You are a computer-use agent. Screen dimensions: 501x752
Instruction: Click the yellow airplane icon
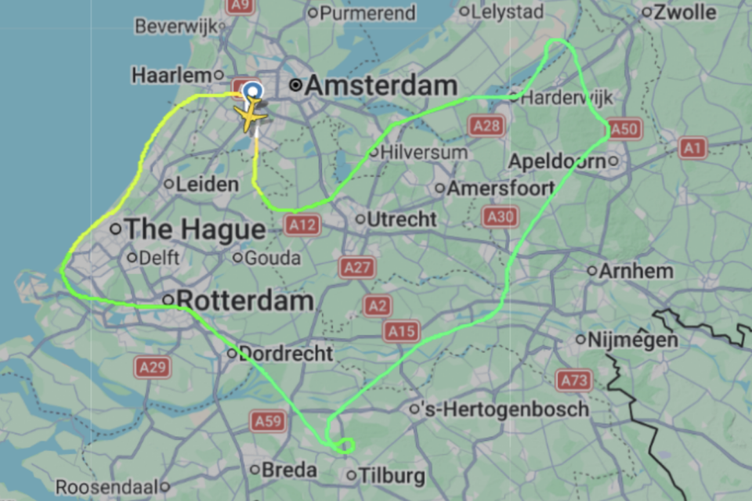[x=251, y=116]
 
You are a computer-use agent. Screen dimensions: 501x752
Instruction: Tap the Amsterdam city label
[x=380, y=86]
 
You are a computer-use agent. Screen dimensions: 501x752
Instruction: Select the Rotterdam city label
[x=244, y=300]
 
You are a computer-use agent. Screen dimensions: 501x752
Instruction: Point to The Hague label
[x=195, y=229]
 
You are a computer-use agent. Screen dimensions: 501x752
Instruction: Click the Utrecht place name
[x=402, y=219]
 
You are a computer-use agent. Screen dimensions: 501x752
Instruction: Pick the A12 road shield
[x=302, y=225]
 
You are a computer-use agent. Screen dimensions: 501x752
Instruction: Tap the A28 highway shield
[x=486, y=125]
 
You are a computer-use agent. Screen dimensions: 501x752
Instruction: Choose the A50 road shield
[x=624, y=128]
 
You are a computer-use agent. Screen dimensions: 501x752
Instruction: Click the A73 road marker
[x=573, y=381]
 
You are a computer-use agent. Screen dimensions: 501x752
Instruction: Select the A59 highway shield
[x=268, y=422]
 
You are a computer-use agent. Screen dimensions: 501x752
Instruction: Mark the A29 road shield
[x=152, y=367]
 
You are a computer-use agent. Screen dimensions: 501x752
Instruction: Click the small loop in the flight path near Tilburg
[x=344, y=445]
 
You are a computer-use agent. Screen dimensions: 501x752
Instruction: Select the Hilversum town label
[x=424, y=152]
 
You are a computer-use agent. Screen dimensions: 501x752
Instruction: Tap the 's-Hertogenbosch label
[x=504, y=409]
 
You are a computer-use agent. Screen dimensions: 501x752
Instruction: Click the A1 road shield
[x=692, y=147]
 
